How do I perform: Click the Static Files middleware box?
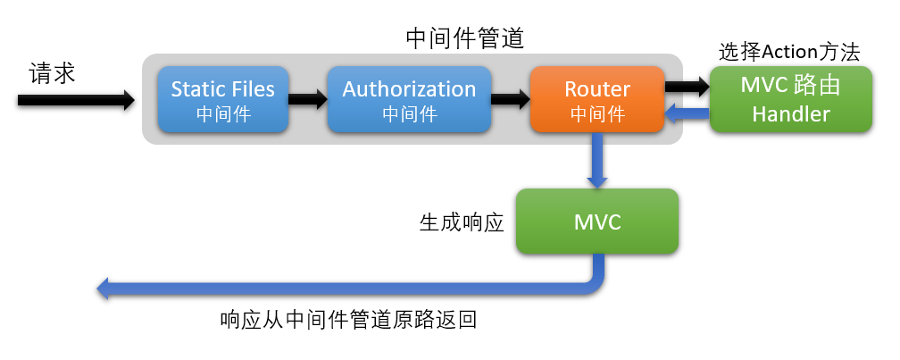(x=223, y=100)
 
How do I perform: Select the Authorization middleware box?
(x=409, y=100)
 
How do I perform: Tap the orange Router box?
(x=597, y=100)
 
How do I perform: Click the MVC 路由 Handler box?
(x=791, y=99)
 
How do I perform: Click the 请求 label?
(x=52, y=72)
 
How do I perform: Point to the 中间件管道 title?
(x=464, y=38)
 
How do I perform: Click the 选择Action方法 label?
(x=789, y=52)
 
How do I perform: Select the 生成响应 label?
(x=462, y=222)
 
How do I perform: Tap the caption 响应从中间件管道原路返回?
(x=348, y=320)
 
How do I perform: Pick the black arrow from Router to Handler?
(x=686, y=87)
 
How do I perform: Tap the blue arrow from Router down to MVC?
(x=597, y=162)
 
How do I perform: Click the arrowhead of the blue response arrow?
(x=104, y=288)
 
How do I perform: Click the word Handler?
(x=791, y=113)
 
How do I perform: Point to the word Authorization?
(x=409, y=89)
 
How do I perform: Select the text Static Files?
(x=223, y=89)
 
